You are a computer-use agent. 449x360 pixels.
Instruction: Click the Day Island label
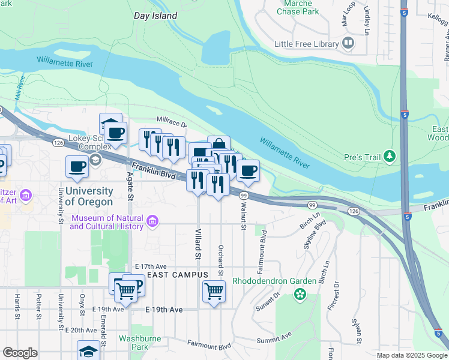(x=155, y=16)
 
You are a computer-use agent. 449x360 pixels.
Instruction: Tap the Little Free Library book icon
(x=348, y=43)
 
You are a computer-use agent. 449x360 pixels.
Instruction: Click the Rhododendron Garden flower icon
(x=299, y=295)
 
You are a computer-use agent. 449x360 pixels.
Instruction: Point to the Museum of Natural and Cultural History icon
(x=152, y=223)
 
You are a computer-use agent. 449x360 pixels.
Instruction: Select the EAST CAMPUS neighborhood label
(x=177, y=275)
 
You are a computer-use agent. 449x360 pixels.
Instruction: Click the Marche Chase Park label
(x=297, y=7)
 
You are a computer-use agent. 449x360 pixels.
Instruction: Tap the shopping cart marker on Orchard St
(x=214, y=291)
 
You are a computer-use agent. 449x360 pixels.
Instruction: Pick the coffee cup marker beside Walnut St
(x=248, y=170)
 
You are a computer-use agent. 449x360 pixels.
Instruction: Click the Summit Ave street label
(x=274, y=338)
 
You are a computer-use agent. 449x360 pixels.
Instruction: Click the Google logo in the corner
(x=20, y=353)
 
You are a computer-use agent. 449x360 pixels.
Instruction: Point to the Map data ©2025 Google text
(x=411, y=355)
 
